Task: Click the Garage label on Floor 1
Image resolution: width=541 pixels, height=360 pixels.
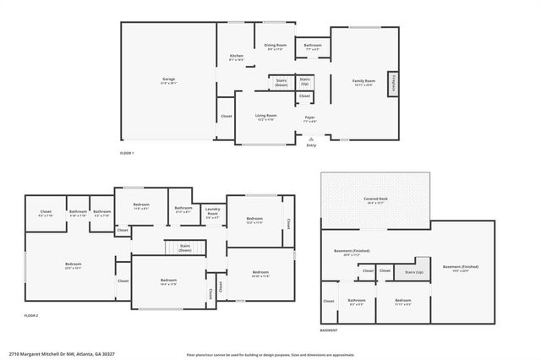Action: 169,81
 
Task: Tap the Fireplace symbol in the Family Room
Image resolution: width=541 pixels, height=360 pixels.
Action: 393,85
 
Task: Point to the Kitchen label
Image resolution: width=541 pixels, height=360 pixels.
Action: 237,57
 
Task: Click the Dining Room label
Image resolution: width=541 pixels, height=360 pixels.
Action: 276,47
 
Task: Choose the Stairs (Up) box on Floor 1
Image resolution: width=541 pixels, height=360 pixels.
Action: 304,83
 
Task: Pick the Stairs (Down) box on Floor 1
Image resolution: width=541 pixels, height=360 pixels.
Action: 281,83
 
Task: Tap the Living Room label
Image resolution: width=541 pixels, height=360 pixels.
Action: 267,117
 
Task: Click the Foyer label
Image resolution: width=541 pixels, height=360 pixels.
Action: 310,119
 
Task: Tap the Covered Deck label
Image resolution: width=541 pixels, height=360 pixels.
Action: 375,202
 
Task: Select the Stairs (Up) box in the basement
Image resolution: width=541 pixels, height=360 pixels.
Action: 414,272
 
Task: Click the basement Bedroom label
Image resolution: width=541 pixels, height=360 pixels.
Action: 402,302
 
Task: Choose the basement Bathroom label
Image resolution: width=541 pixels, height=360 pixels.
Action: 356,302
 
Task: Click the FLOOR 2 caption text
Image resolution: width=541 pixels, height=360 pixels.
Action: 31,315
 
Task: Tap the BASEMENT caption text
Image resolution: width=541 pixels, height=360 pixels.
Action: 331,330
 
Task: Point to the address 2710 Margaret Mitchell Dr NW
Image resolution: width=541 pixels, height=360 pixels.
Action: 62,353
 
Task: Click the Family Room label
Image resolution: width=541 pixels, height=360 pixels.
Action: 364,82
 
